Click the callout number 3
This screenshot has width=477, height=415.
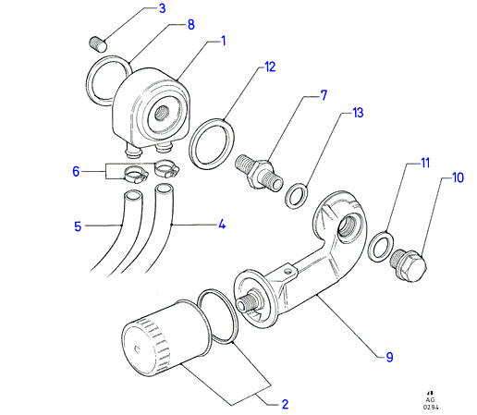point(162,8)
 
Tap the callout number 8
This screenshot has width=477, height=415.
point(191,25)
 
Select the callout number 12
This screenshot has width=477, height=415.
point(270,67)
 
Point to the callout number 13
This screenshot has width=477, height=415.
point(358,113)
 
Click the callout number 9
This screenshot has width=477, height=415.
point(390,357)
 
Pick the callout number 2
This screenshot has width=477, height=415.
point(285,404)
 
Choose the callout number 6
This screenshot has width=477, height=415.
point(76,171)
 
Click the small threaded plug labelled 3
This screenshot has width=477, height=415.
point(98,44)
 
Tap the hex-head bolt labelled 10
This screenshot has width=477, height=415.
point(408,265)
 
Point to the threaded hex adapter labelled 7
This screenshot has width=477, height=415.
point(259,174)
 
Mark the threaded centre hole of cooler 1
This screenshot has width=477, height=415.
point(162,112)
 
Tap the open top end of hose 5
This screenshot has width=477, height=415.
point(133,196)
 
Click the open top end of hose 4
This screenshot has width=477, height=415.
point(164,189)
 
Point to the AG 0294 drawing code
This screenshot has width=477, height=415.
point(431,403)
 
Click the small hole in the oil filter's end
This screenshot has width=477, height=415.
point(138,349)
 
